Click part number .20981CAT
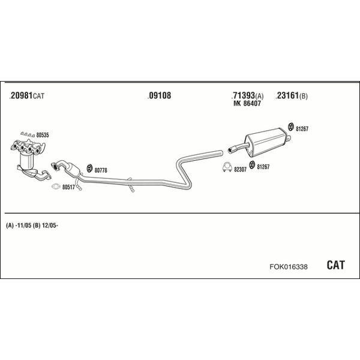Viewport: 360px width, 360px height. pyautogui.click(x=28, y=96)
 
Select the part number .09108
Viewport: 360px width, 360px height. pyautogui.click(x=159, y=95)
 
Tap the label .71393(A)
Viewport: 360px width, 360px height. pyautogui.click(x=247, y=96)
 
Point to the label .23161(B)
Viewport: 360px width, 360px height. pyautogui.click(x=292, y=96)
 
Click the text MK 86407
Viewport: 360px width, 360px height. pyautogui.click(x=247, y=104)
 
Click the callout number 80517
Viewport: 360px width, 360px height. pyautogui.click(x=68, y=187)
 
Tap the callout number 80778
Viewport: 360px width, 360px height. pyautogui.click(x=101, y=170)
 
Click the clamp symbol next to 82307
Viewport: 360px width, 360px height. pyautogui.click(x=227, y=167)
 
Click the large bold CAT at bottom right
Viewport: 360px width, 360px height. pyautogui.click(x=335, y=265)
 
